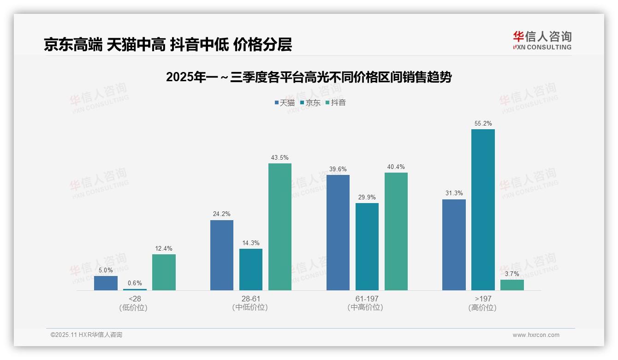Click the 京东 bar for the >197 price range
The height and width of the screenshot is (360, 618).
483,210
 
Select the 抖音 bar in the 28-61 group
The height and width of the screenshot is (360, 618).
280,227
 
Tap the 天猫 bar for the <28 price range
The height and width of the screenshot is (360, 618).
106,283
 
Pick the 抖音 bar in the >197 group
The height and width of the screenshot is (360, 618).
512,285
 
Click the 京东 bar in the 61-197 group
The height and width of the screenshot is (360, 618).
367,247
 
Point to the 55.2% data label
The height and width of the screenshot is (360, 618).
483,124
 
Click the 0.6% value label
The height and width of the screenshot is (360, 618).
135,283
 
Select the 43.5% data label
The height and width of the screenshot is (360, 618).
280,158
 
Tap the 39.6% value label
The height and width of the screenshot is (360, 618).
338,169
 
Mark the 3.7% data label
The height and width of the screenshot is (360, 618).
512,274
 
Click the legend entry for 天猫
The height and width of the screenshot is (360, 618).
285,103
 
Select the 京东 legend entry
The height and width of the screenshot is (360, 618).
310,103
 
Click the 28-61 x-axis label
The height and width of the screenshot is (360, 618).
250,299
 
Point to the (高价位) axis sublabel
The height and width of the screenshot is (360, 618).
483,308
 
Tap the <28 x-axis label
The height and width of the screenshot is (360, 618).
135,299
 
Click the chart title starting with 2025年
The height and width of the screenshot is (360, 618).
309,77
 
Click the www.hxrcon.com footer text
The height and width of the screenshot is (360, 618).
536,335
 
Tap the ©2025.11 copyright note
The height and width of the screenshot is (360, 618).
86,335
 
